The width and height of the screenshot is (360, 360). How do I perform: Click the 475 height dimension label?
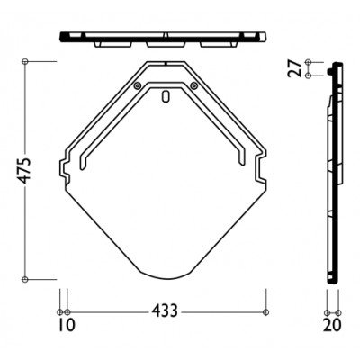(x=23, y=170)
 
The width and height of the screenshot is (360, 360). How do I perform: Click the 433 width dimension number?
(x=165, y=310)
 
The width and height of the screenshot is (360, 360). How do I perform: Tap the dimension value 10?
(x=67, y=325)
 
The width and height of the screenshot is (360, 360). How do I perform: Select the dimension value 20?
(x=332, y=325)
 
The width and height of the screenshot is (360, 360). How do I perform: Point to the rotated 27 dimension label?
(x=294, y=68)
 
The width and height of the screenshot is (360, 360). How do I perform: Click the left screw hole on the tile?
(x=138, y=85)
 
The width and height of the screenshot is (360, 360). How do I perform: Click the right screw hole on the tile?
(x=194, y=85)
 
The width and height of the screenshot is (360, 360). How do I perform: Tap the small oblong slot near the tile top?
(x=166, y=96)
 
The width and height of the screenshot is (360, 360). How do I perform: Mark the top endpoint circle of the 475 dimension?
(x=25, y=61)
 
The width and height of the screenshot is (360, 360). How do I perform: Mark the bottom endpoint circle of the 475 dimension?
(x=25, y=279)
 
